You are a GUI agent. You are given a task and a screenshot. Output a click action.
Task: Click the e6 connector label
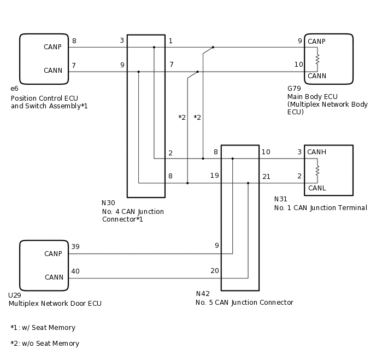tap(14, 89)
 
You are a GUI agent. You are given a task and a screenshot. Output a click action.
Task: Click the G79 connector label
tap(294, 89)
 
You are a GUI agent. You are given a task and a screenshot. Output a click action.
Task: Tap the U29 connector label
tap(14, 295)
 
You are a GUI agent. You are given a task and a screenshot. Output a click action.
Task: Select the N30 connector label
tap(108, 203)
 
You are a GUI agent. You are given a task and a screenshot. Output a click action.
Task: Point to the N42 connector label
tap(203, 294)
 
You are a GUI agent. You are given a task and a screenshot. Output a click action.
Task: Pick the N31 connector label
tap(280, 200)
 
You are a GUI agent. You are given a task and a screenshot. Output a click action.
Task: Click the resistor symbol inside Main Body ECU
tap(318, 59)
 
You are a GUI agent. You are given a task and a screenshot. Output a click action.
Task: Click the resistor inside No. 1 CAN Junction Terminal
tap(318, 170)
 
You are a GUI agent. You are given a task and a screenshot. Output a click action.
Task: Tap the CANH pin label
tap(317, 152)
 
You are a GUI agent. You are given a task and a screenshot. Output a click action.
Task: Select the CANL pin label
tap(317, 188)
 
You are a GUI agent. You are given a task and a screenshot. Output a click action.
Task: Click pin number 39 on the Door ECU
tap(75, 247)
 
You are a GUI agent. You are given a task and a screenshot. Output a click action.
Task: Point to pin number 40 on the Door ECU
tap(75, 271)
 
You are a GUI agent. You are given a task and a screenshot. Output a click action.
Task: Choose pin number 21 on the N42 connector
tap(266, 176)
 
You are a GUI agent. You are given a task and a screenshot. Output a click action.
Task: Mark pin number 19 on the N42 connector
tap(215, 176)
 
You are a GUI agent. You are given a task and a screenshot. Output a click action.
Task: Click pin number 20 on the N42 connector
tap(215, 271)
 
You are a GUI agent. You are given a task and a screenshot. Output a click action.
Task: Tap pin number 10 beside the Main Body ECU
tap(298, 65)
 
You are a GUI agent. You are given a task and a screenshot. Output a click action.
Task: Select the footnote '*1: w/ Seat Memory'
tap(43, 328)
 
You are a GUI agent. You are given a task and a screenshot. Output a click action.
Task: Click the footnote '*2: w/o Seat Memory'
tap(45, 344)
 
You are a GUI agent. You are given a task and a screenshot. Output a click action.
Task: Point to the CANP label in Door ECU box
tap(53, 254)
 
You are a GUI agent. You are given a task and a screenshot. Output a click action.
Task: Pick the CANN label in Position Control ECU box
tap(53, 71)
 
